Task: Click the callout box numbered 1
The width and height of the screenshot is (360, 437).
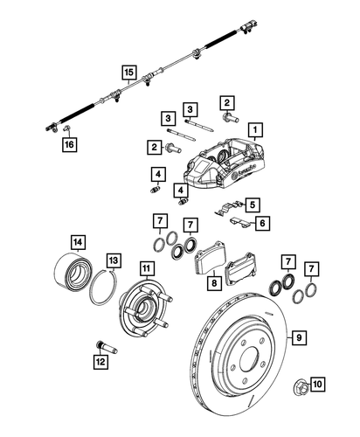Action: coord(254,131)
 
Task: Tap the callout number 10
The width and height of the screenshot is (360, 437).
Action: coord(316,382)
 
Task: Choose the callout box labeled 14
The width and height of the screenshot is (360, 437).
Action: coord(78,242)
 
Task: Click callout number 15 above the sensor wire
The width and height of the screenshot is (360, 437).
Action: coord(129,73)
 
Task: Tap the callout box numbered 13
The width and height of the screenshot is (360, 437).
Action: coord(114,260)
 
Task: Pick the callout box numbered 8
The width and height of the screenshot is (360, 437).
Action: coord(213,282)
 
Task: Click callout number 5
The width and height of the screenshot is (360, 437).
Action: coord(252,205)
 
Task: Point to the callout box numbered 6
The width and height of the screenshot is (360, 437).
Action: coord(260,225)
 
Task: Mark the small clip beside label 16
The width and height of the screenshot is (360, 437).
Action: coord(66,128)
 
